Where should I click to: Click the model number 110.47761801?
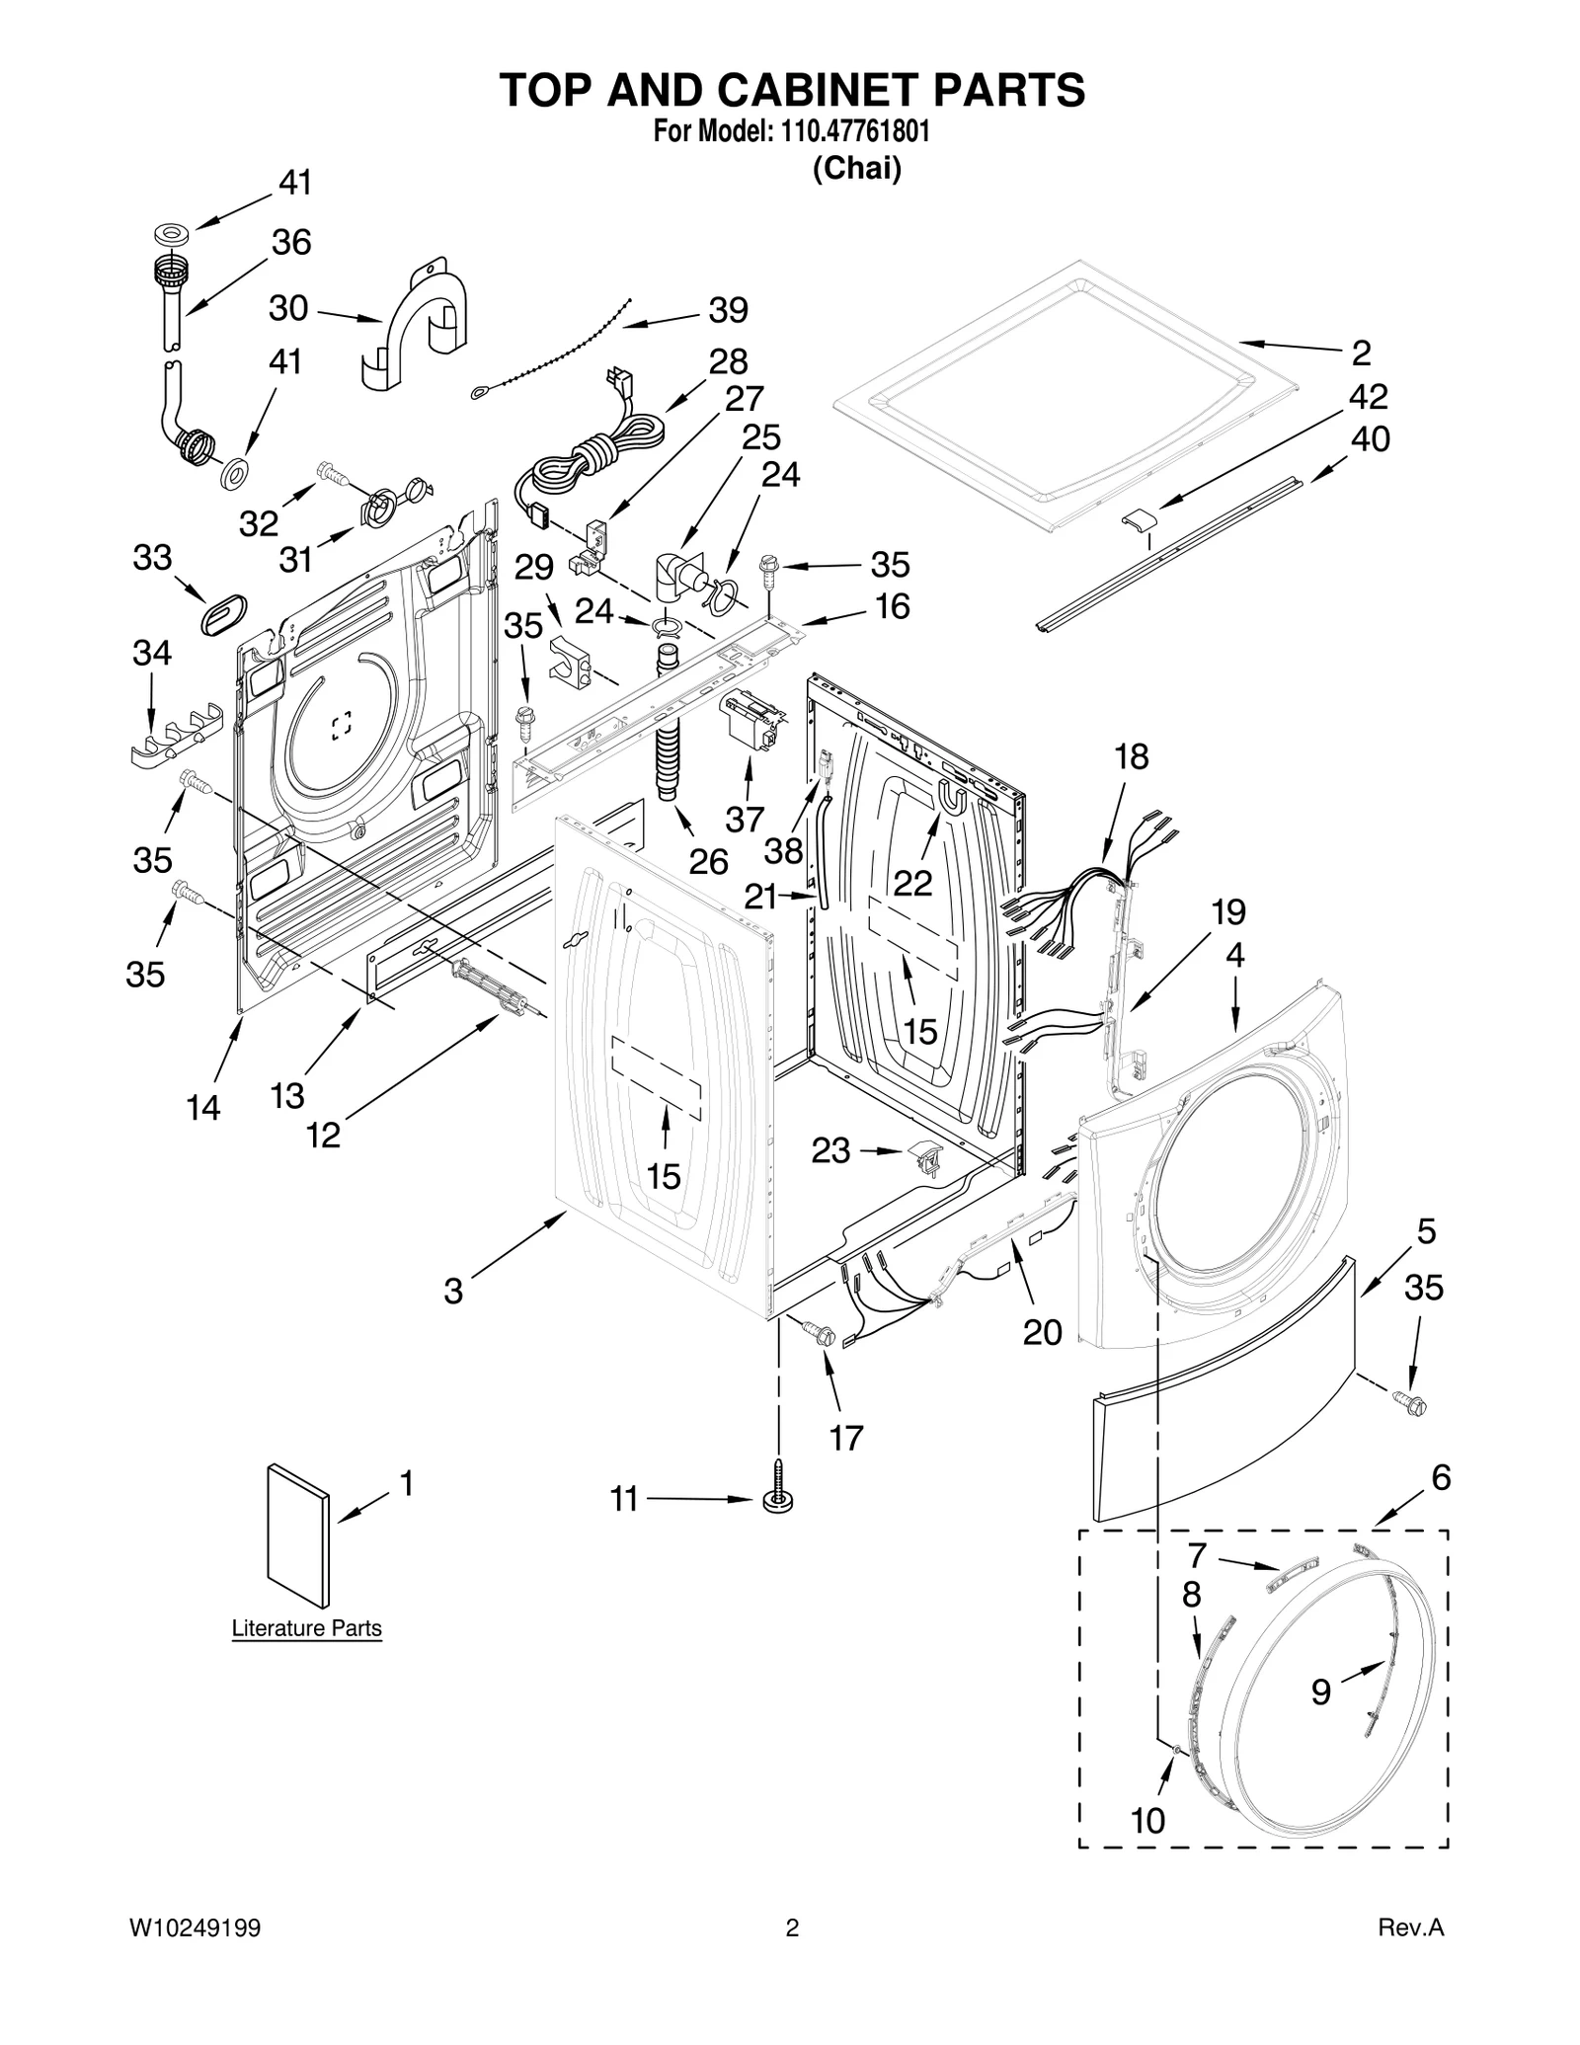pyautogui.click(x=848, y=131)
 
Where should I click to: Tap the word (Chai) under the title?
pyautogui.click(x=856, y=169)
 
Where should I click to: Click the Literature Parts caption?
pyautogui.click(x=306, y=1628)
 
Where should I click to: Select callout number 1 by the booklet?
pyautogui.click(x=406, y=1483)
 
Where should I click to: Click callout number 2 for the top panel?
pyautogui.click(x=1361, y=353)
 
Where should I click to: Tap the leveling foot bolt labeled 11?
pyautogui.click(x=778, y=1499)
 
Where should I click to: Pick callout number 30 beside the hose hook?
pyautogui.click(x=288, y=309)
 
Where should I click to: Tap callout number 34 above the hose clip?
pyautogui.click(x=152, y=653)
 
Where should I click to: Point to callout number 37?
pyautogui.click(x=745, y=819)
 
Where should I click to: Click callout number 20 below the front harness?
pyautogui.click(x=1042, y=1332)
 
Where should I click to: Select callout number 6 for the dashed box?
pyautogui.click(x=1441, y=1477)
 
